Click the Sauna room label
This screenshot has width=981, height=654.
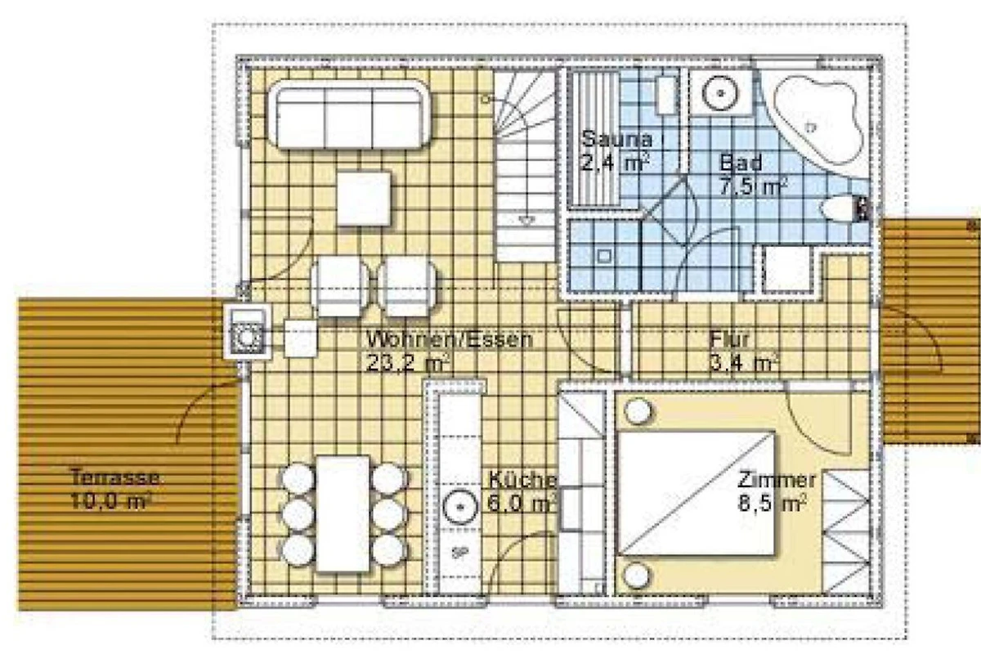point(616,139)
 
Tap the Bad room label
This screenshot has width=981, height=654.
point(741,163)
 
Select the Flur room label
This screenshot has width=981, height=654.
point(729,339)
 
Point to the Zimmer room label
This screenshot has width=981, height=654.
point(777,480)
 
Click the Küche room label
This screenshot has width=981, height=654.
point(522,481)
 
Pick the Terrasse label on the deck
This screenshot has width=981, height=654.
point(114,477)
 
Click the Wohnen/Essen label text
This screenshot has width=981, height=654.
point(450,339)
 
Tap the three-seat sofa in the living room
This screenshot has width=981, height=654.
point(349,114)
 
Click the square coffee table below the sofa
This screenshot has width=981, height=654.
point(364,199)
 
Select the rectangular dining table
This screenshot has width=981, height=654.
point(343,514)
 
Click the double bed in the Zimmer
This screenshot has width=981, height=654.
point(697,493)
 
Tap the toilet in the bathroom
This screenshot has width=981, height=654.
point(844,209)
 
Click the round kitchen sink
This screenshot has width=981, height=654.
point(459,507)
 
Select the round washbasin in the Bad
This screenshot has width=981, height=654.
point(720,93)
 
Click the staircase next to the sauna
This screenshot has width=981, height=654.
point(526,166)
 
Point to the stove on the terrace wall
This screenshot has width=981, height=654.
point(248,331)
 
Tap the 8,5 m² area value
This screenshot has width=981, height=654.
point(773,504)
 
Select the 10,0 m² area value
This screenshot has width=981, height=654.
point(111,500)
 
